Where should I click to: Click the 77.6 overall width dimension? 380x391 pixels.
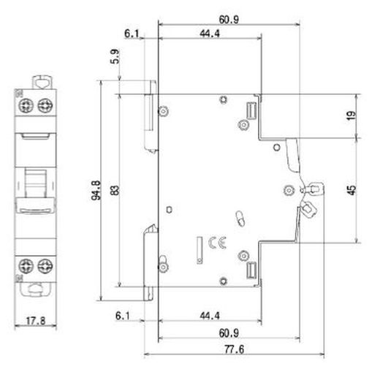[x=235, y=350]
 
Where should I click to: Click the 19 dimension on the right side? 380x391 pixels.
[x=352, y=115]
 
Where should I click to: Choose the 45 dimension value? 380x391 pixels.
[x=352, y=190]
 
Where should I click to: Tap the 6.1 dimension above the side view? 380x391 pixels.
[x=132, y=33]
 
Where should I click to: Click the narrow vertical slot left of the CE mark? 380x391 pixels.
[x=198, y=248]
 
